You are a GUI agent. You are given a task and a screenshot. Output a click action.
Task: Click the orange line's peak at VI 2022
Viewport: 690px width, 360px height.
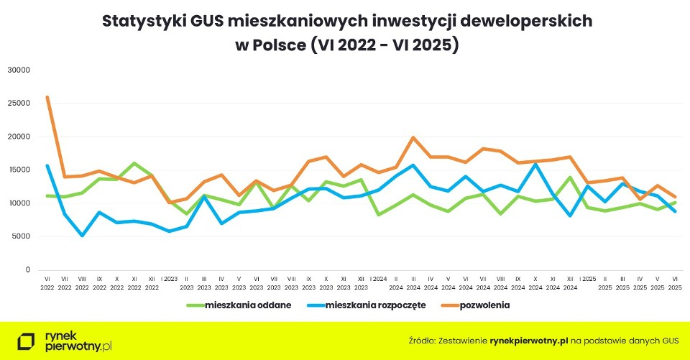[47, 97]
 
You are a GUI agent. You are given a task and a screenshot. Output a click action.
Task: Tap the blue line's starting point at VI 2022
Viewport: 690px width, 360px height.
[47, 165]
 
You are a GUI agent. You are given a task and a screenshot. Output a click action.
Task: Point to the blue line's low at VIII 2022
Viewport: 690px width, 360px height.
[82, 235]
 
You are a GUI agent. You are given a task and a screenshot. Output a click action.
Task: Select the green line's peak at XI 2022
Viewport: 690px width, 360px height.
[134, 163]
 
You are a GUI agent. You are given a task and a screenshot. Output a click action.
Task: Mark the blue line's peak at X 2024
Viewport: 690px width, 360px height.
[535, 165]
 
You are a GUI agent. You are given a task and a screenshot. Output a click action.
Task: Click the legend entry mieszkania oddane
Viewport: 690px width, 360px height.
[249, 305]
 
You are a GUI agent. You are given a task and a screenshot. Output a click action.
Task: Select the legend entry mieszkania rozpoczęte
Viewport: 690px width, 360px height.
[376, 305]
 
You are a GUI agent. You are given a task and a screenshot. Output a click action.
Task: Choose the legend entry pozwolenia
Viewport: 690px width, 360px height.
[485, 305]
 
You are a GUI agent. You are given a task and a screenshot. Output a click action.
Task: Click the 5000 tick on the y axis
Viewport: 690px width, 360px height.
[21, 236]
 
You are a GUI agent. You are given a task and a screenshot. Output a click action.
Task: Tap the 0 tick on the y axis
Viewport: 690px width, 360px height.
[27, 269]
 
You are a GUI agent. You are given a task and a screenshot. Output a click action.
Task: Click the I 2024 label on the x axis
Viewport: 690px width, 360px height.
[378, 279]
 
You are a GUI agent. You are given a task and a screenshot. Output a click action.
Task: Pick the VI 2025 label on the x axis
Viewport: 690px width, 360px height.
[675, 282]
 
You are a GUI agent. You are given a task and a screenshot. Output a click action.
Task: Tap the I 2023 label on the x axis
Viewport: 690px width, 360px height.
[169, 279]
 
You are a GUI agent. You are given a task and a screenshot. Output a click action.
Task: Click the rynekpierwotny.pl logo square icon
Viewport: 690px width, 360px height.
[27, 341]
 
